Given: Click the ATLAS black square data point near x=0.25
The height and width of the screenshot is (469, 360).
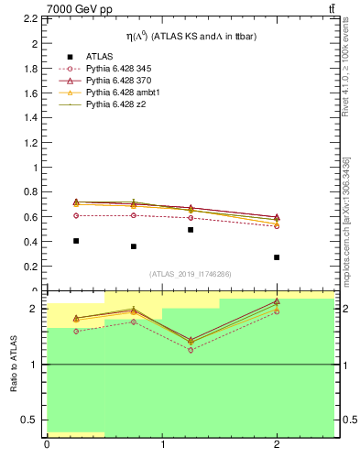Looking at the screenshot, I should point(75,241).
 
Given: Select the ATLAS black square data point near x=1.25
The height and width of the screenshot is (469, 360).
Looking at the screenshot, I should point(191,230).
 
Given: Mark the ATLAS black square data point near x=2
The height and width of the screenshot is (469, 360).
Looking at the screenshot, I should point(277,257).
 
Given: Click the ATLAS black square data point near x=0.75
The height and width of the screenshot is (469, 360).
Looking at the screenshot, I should point(133,246).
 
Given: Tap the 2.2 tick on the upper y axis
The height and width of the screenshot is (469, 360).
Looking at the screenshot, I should point(30,19).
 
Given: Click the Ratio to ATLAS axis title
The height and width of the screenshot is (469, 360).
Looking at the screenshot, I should point(15,364).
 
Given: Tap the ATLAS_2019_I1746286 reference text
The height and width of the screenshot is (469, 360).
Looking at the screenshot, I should point(190,274).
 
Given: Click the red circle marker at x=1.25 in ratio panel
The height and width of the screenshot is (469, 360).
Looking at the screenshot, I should point(191,350).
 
